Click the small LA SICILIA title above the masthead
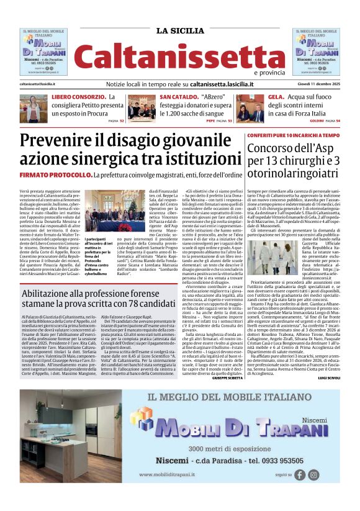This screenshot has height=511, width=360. click(179, 30)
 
